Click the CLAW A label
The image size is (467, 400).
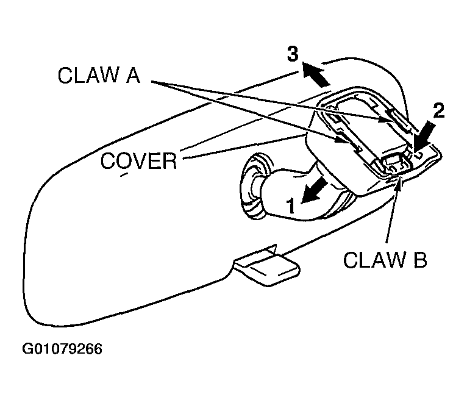pos(99,75)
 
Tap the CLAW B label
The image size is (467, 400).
pos(385,259)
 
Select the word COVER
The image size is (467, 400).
pos(139,161)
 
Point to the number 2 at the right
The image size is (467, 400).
pos(439,111)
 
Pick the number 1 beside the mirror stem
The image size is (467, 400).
pos(291,206)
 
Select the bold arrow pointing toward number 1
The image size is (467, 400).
pos(314,190)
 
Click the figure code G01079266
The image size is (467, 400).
pos(62,349)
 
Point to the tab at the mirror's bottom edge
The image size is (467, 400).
pos(267,266)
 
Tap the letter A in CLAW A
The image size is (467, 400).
pos(132,75)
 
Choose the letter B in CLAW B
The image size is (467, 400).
pos(420,259)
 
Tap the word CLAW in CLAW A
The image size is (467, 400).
pos(88,75)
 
